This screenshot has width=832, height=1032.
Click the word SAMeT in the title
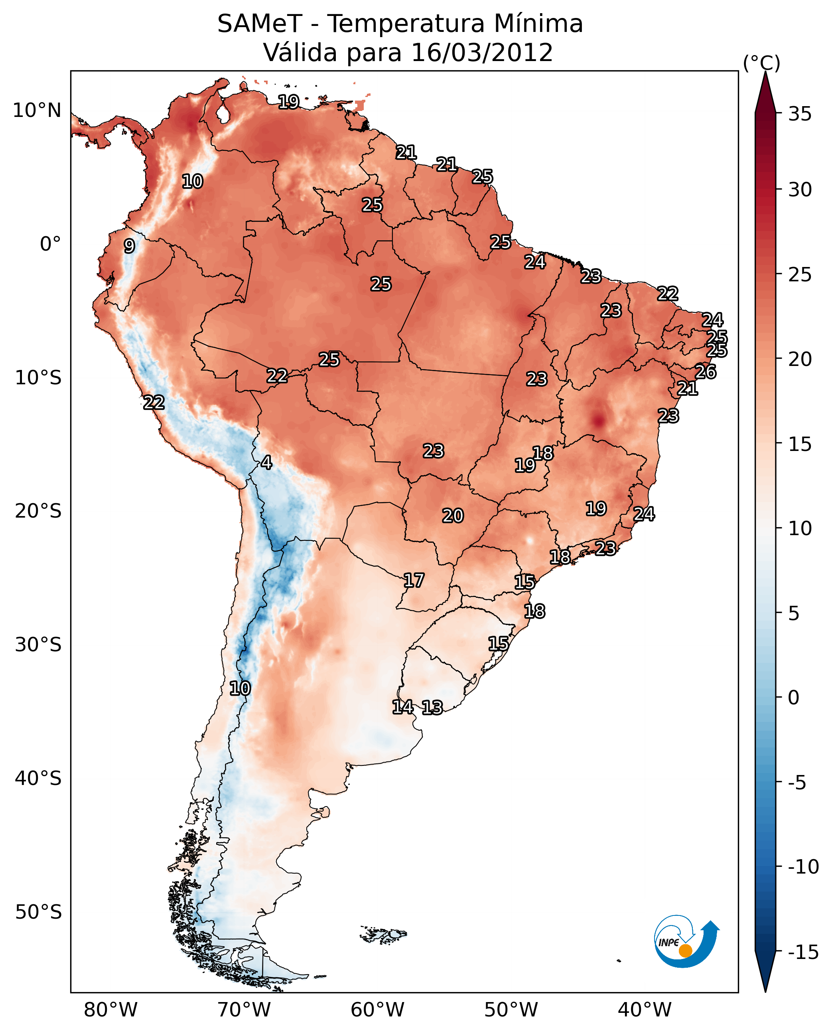[259, 24]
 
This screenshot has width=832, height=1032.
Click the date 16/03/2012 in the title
[482, 53]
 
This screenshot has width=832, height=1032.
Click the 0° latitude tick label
[50, 244]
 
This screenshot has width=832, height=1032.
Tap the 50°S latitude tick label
[38, 911]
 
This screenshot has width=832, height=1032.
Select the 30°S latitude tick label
[38, 645]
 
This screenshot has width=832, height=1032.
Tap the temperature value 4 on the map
[266, 462]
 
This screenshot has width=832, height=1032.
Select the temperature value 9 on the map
[129, 246]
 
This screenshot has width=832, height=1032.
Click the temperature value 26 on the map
[706, 372]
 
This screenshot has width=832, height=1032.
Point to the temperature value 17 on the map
[414, 581]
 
